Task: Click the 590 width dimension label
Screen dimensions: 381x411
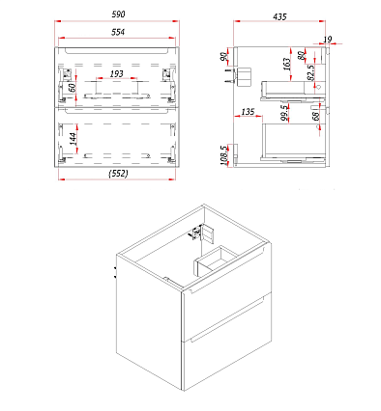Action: pos(118,14)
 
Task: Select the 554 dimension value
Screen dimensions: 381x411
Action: pos(118,32)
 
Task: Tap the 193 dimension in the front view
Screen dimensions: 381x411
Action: pos(116,73)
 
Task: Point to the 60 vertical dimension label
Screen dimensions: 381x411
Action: pos(73,87)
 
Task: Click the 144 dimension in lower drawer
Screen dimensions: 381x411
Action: pos(73,139)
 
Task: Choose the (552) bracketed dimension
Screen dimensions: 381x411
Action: pos(118,174)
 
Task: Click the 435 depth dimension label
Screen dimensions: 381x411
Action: pos(279,16)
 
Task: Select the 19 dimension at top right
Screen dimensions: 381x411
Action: pos(327,40)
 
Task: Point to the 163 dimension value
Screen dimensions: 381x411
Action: pos(286,64)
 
